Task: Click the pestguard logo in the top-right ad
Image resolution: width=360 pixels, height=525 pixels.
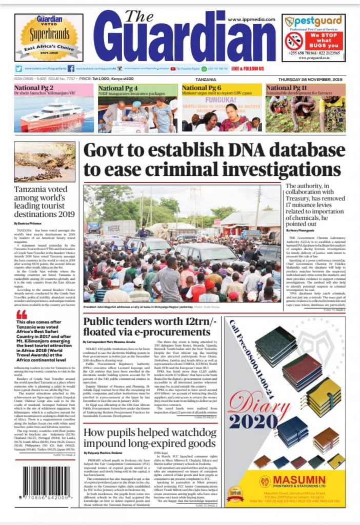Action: (x=313, y=21)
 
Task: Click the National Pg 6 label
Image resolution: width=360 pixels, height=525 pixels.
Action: (x=202, y=88)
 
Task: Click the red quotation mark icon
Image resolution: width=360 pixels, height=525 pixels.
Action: (x=21, y=314)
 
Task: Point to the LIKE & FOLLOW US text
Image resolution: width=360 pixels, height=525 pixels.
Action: (x=248, y=69)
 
